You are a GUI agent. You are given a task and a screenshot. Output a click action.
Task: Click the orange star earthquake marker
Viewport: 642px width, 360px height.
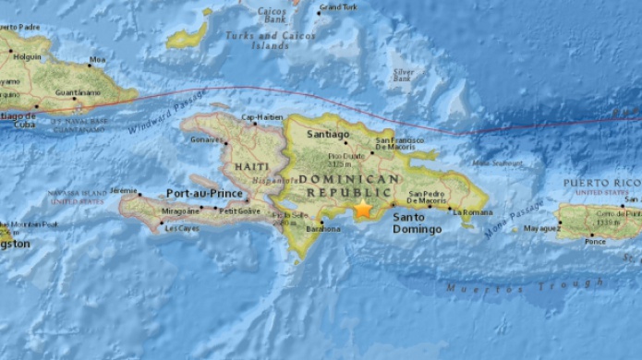pyautogui.click(x=363, y=210)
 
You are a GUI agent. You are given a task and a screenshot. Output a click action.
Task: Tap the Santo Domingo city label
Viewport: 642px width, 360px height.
pyautogui.click(x=417, y=222)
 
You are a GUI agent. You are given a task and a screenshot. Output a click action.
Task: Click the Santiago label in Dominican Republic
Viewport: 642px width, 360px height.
pyautogui.click(x=331, y=135)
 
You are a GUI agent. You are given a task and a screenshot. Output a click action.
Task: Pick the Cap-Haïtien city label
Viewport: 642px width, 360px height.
pyautogui.click(x=260, y=117)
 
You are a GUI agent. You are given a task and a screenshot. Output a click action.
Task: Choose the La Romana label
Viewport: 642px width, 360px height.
pyautogui.click(x=469, y=211)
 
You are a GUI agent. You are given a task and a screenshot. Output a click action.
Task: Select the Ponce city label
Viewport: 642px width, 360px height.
pyautogui.click(x=596, y=243)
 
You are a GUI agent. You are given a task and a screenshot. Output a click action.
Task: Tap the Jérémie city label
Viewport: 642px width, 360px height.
pyautogui.click(x=125, y=190)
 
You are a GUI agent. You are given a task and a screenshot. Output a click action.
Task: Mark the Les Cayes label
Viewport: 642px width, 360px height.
pyautogui.click(x=182, y=229)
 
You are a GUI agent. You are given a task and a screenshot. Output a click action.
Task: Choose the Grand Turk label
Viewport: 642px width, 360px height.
pyautogui.click(x=337, y=7)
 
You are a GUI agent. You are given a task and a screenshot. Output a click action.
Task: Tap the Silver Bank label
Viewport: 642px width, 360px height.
pyautogui.click(x=403, y=75)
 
